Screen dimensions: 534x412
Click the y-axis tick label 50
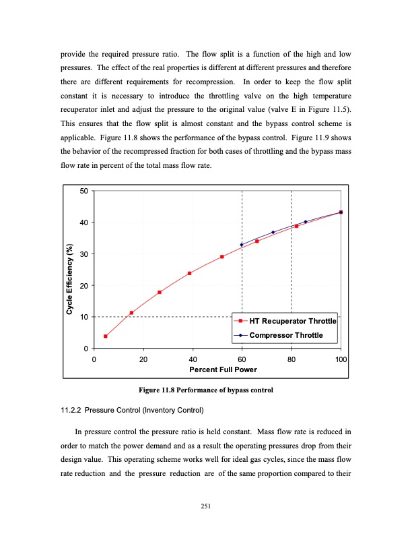click(x=83, y=191)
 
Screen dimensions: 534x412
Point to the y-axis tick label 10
click(x=83, y=317)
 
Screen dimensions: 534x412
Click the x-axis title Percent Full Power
click(x=217, y=369)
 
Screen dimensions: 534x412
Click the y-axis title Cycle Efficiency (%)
click(x=69, y=270)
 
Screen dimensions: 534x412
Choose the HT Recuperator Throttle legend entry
click(x=292, y=321)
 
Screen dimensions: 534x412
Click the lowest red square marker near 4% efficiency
click(x=106, y=336)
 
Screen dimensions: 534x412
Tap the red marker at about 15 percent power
click(x=131, y=312)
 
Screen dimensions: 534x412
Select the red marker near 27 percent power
click(x=160, y=292)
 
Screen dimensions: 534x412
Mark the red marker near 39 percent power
click(x=189, y=273)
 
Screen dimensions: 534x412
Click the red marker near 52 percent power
click(x=222, y=256)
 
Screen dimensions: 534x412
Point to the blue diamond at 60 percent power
click(x=242, y=244)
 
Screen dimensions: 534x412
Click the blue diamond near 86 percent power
click(x=306, y=222)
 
